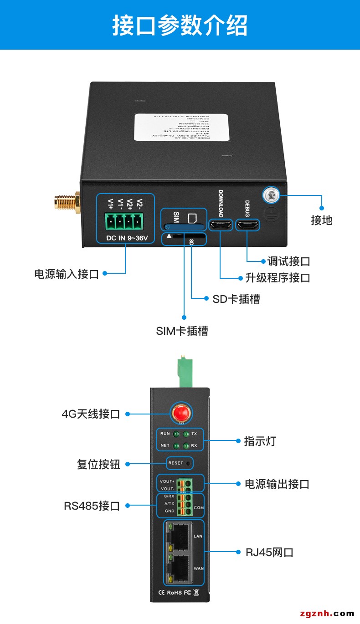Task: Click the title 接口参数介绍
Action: [180, 25]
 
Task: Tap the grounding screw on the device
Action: [270, 195]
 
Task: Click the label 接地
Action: [322, 220]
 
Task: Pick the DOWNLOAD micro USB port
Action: [221, 225]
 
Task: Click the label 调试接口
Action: [288, 261]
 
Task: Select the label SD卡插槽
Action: [236, 299]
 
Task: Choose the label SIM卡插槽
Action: [182, 331]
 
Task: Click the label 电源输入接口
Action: [67, 274]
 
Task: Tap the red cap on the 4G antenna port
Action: [180, 414]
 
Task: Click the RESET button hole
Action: [189, 463]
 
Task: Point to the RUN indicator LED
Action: [175, 435]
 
